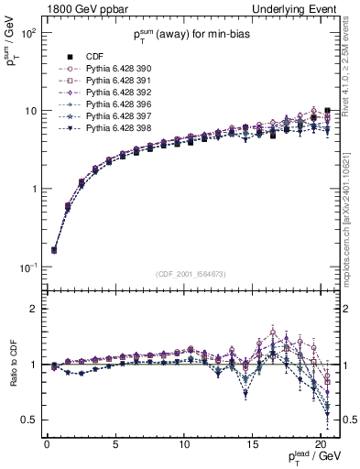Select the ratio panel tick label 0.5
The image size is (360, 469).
coord(29,420)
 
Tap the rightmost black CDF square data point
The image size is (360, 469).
coord(328,112)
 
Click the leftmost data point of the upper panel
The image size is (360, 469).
coord(53,250)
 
